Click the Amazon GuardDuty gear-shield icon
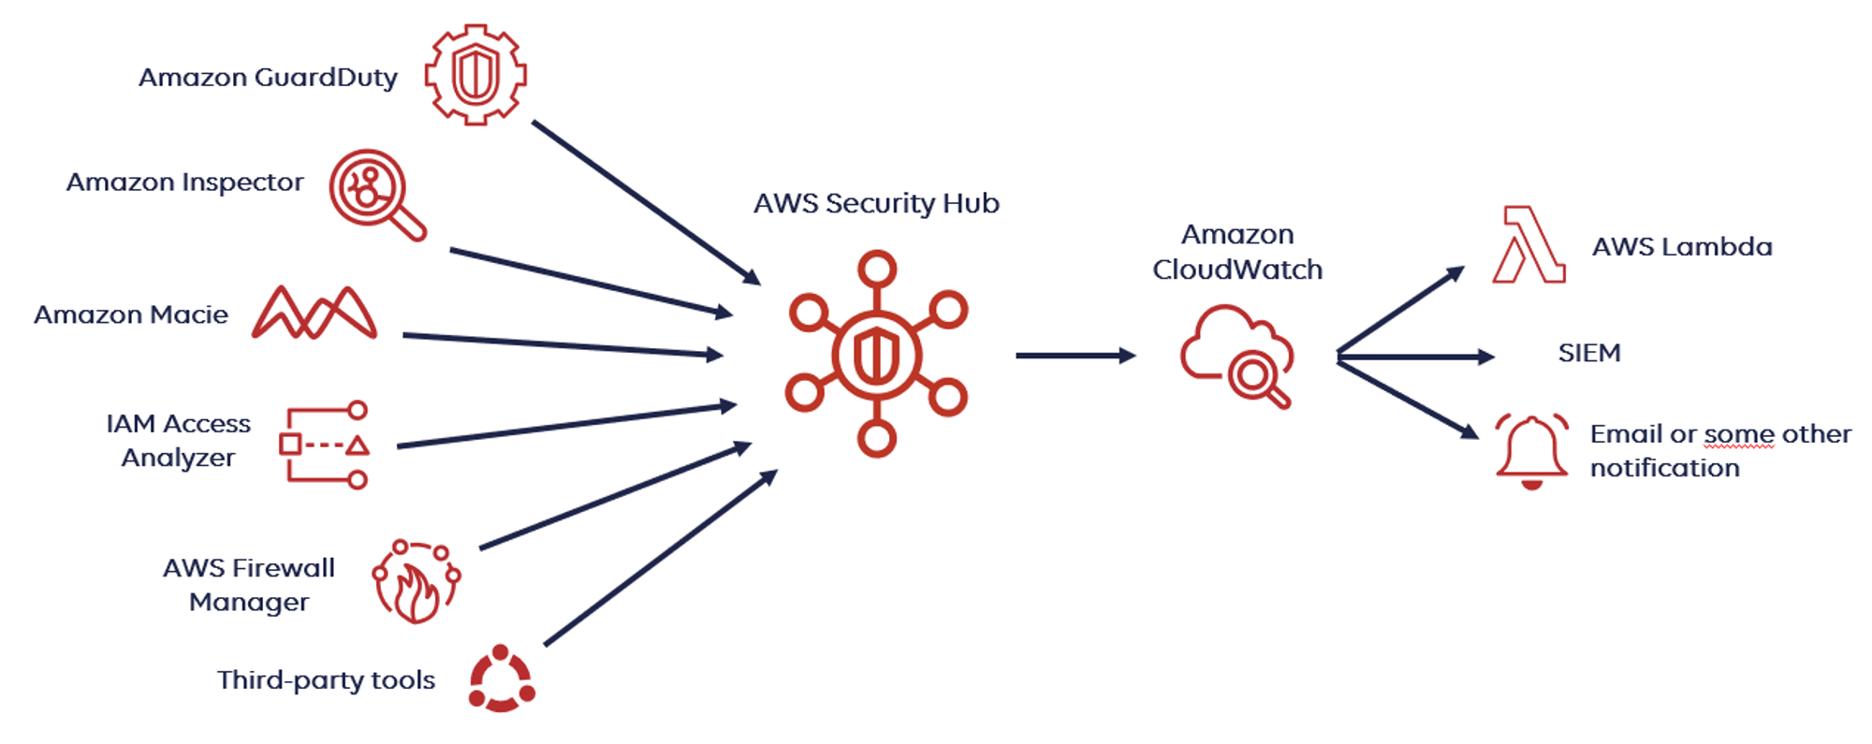point(475,74)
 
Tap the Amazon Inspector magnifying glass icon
point(377,195)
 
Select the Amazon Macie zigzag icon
point(314,312)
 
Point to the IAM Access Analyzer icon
point(325,445)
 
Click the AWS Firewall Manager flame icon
point(417,581)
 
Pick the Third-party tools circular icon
point(502,678)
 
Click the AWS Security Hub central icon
point(877,354)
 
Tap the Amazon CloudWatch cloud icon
point(1237,357)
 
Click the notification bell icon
point(1531,451)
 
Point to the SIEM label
point(1589,353)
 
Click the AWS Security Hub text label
point(877,204)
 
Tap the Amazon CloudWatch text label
point(1237,252)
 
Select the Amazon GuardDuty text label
point(268,78)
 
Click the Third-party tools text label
point(326,680)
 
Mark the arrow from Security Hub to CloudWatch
point(1076,356)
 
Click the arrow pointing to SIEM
point(1416,357)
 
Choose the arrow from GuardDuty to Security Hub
point(647,202)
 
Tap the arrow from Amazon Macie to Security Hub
point(563,345)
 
